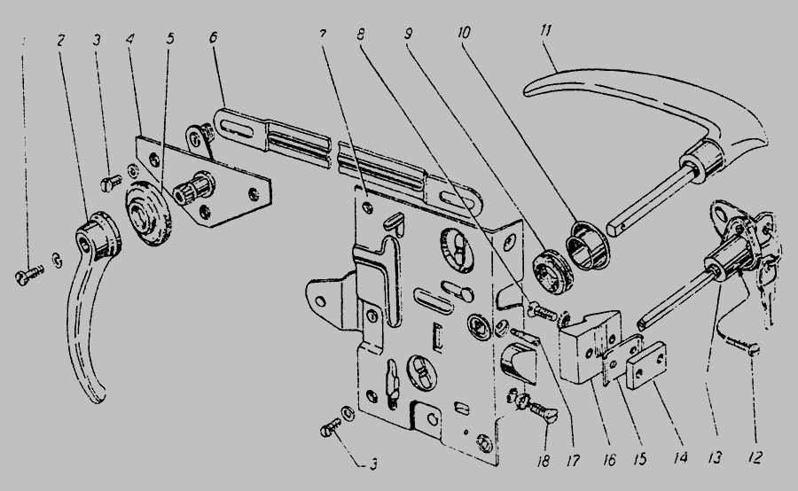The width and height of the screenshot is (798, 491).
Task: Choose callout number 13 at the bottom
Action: [715, 459]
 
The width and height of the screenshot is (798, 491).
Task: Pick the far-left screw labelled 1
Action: [27, 275]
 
